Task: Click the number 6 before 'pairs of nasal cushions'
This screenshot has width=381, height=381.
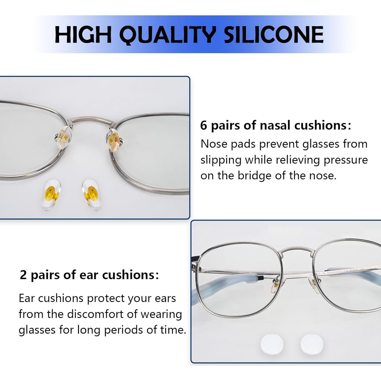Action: (x=203, y=125)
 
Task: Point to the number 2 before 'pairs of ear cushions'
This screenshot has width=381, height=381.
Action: (x=23, y=275)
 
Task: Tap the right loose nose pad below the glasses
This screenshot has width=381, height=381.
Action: (x=91, y=194)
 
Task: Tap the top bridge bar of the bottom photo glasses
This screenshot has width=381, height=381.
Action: (x=296, y=249)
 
